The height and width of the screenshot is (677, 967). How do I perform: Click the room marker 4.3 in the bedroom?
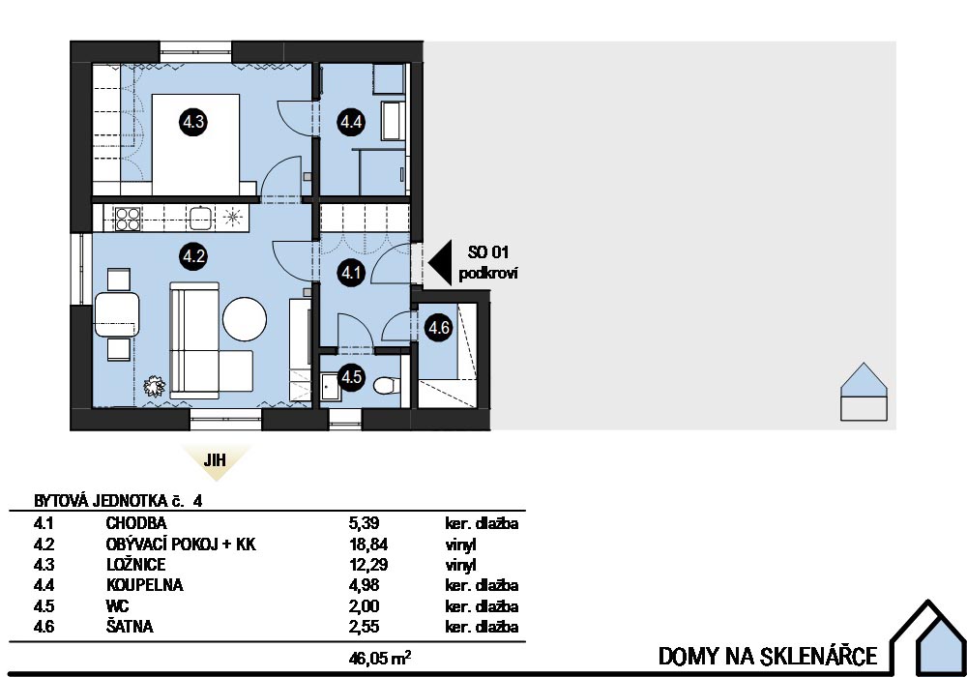tap(193, 122)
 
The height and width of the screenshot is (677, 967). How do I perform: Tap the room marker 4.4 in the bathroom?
tap(349, 122)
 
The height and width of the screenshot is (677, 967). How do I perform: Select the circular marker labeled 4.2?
tap(193, 256)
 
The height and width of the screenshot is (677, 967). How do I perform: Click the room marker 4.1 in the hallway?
tap(349, 274)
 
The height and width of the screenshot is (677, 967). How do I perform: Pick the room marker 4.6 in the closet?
tap(439, 327)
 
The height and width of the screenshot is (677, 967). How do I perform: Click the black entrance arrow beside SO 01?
tap(443, 262)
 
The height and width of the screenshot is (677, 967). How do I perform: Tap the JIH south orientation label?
tap(215, 460)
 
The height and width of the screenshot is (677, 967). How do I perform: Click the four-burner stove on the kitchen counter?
tap(128, 218)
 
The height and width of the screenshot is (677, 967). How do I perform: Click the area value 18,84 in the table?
tap(364, 545)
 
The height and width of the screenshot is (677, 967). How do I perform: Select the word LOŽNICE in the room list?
tap(135, 565)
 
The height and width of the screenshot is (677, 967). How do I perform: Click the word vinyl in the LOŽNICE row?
tap(461, 565)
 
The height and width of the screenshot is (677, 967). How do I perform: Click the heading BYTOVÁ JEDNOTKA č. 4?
tap(120, 501)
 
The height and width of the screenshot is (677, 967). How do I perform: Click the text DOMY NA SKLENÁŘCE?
tap(768, 656)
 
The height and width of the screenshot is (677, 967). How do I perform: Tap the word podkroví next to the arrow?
tap(489, 274)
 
